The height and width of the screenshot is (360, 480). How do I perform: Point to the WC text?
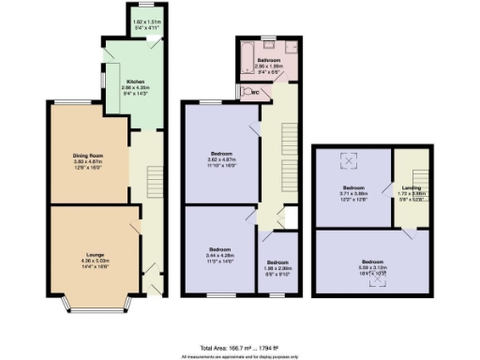[252, 93]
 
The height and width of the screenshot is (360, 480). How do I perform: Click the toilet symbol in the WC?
[243, 93]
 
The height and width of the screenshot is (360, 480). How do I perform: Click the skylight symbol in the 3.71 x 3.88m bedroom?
[352, 161]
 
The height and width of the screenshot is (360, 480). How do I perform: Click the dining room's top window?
[64, 105]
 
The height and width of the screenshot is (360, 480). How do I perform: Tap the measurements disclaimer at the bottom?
[240, 356]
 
